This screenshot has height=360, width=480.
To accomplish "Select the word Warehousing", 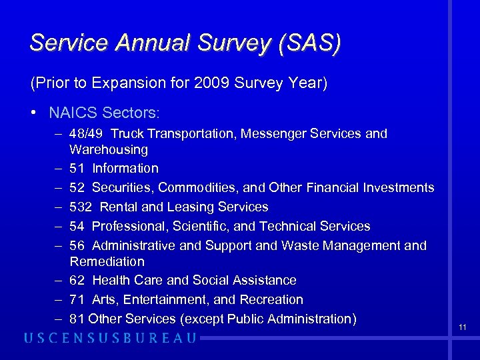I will [x=109, y=149].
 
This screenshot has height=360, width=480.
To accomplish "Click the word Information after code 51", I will [x=125, y=169].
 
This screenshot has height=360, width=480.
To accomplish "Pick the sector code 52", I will [x=77, y=188].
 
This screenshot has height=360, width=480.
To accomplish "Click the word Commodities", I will [x=197, y=188].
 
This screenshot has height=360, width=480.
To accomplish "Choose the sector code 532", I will [x=81, y=207].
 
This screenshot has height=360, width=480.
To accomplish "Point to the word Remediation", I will [x=107, y=261].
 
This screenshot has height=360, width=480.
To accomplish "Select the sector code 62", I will [x=77, y=281].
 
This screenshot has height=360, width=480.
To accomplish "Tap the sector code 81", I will [x=77, y=319].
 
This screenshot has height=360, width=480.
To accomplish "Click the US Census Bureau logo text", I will [x=110, y=338].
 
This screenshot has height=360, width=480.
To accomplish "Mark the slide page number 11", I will [x=463, y=327].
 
